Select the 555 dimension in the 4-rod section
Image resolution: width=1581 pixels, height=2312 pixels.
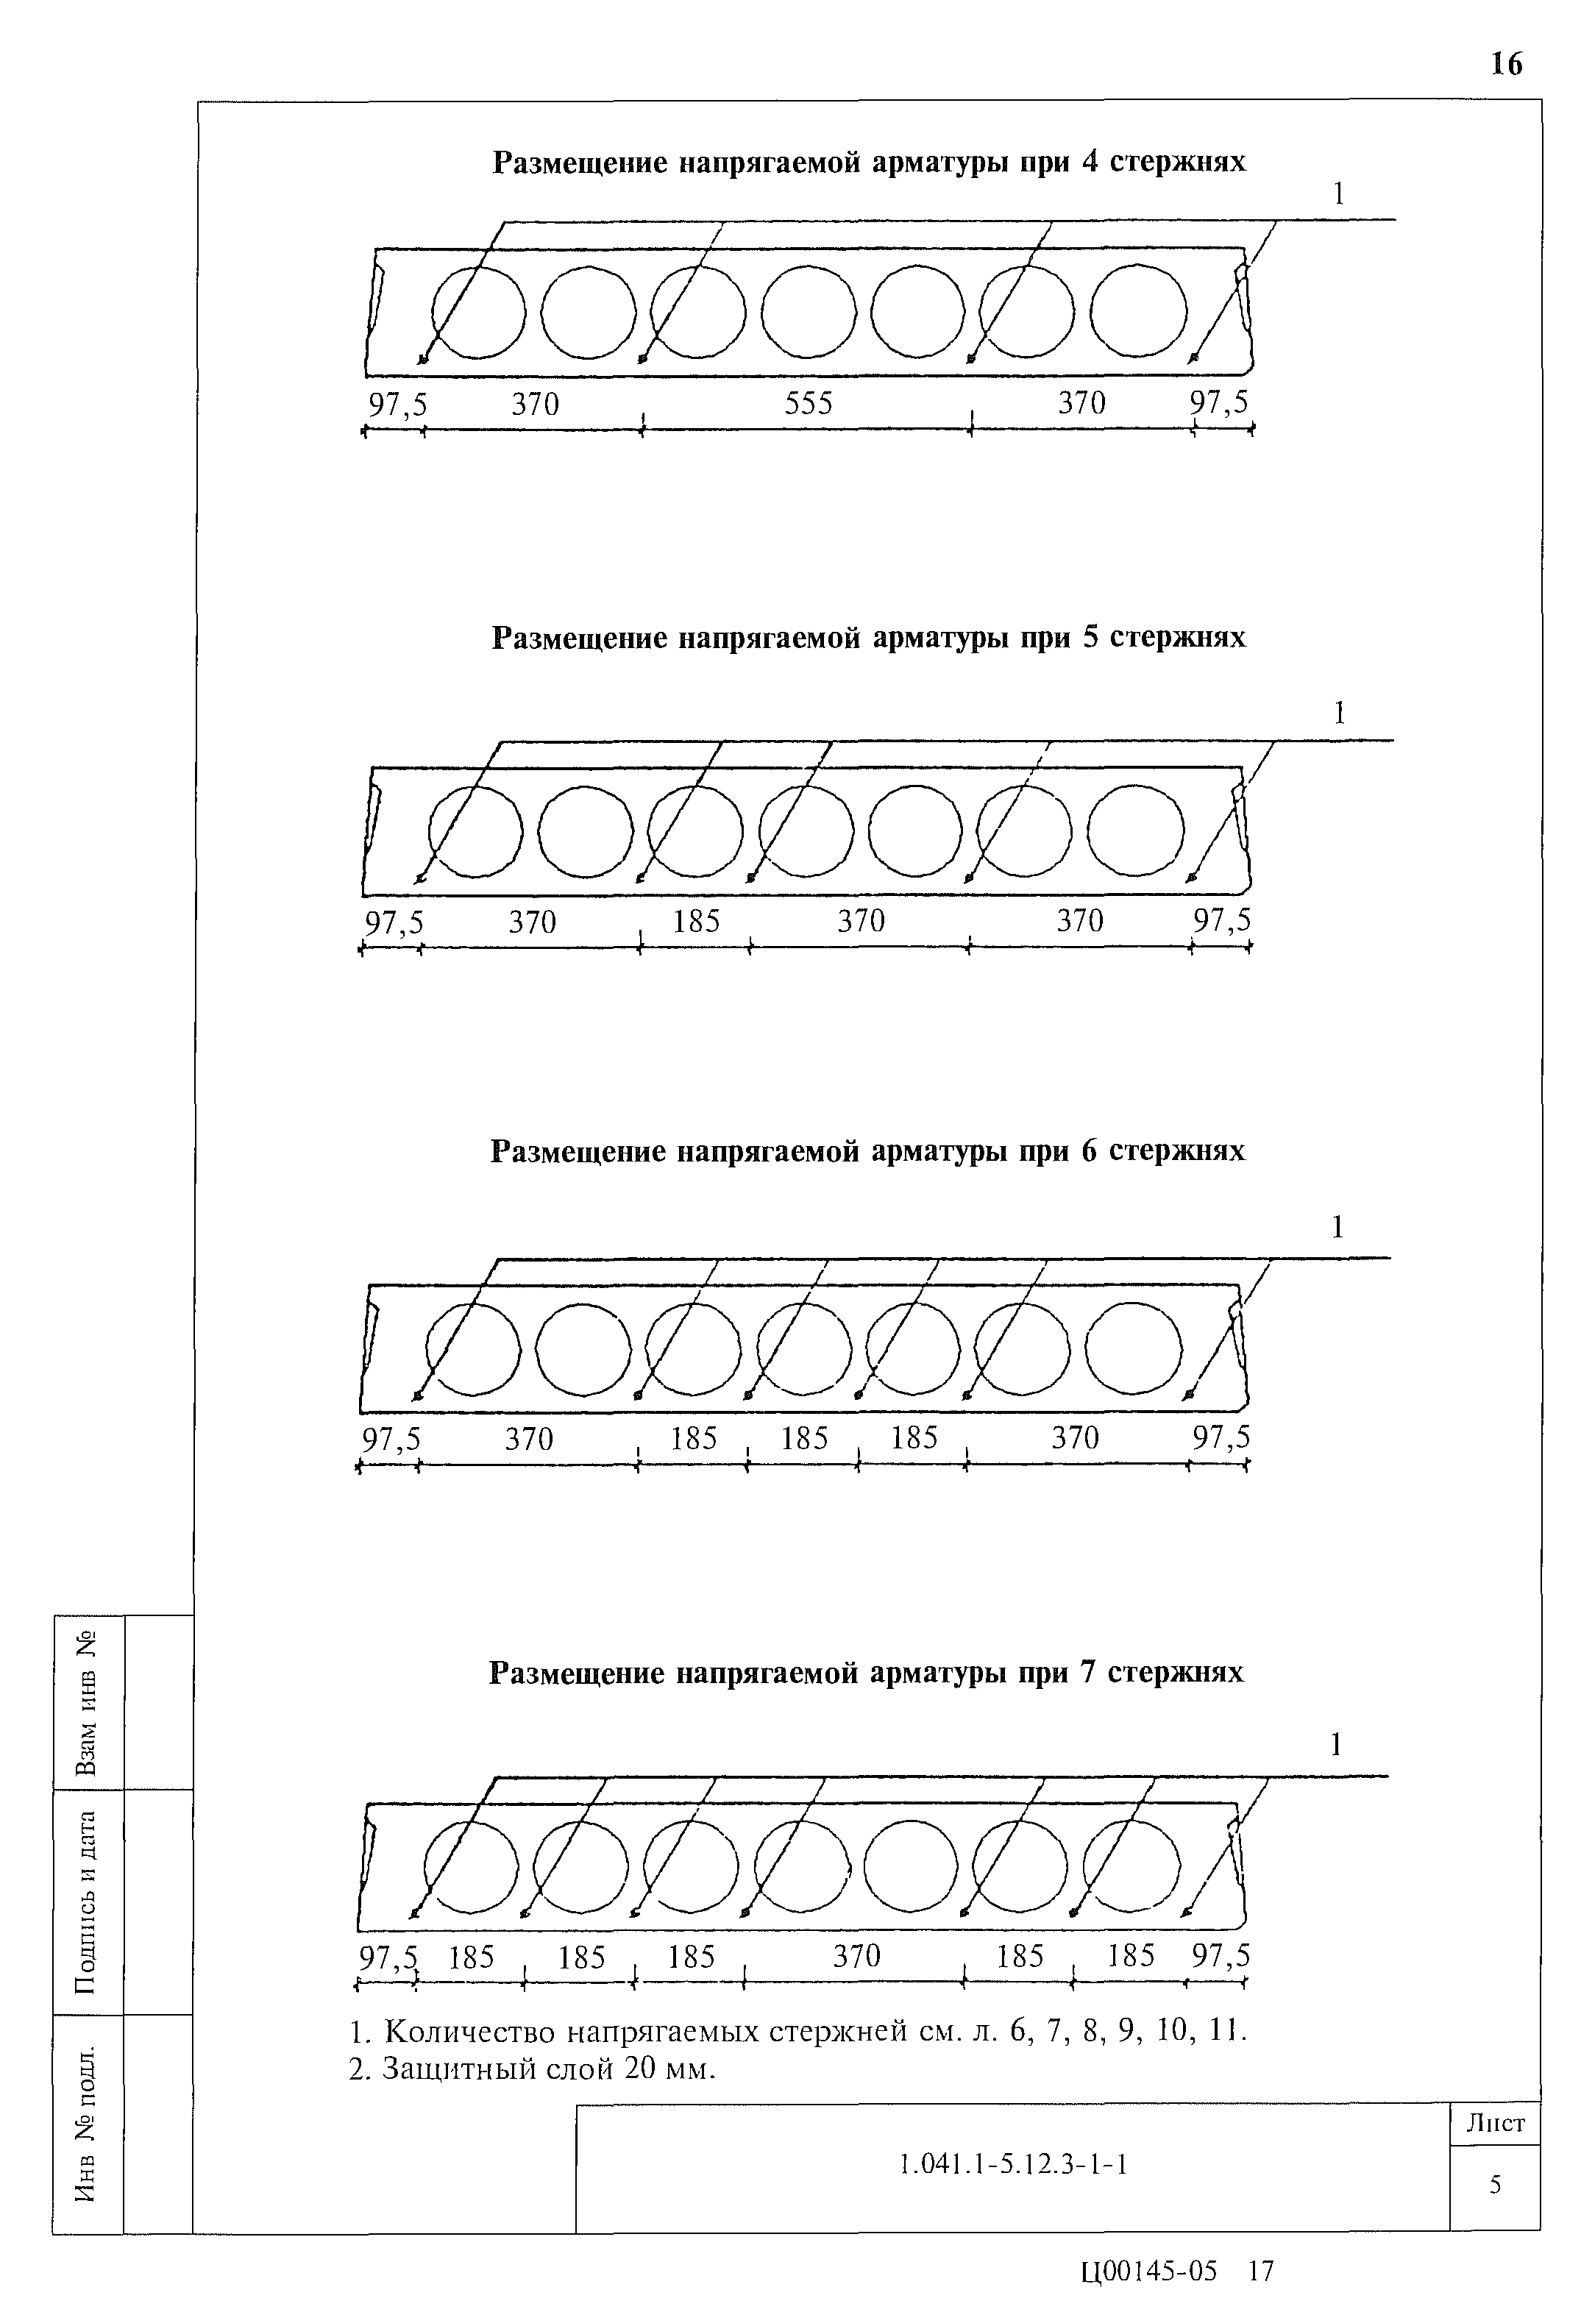point(808,404)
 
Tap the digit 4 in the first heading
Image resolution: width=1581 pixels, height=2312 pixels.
point(1090,162)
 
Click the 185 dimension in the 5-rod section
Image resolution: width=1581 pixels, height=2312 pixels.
point(695,921)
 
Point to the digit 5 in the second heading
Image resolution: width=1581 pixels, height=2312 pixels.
point(1090,638)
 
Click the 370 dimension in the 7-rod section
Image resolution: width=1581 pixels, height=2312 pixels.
point(856,1957)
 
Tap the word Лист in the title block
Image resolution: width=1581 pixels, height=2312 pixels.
point(1494,2124)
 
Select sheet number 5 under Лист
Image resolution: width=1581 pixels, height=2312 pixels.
point(1494,2185)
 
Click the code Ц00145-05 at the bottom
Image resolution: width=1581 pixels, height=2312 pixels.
point(1148,2272)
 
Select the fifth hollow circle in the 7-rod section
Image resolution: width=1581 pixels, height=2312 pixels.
point(910,1865)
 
